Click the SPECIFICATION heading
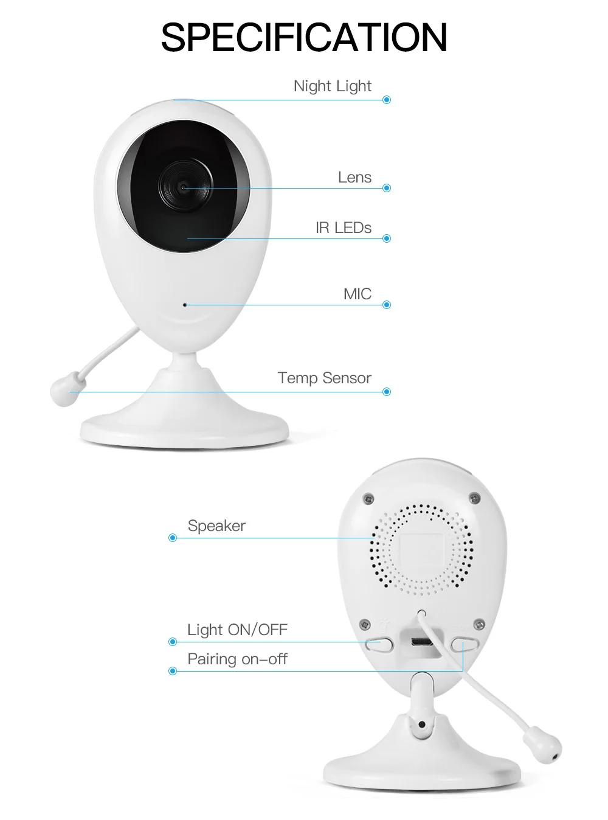(304, 37)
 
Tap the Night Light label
(333, 86)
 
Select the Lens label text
(354, 177)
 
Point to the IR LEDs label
(344, 228)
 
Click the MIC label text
(358, 294)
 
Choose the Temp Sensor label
(325, 378)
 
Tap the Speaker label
(216, 526)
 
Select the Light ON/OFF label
(237, 629)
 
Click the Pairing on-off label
(237, 659)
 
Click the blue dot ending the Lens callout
(387, 188)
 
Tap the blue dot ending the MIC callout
(387, 305)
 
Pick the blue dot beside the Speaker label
(173, 538)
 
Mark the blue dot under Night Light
(387, 99)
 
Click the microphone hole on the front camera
(185, 305)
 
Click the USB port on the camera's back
(422, 641)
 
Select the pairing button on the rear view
(465, 644)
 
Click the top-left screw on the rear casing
(368, 498)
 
